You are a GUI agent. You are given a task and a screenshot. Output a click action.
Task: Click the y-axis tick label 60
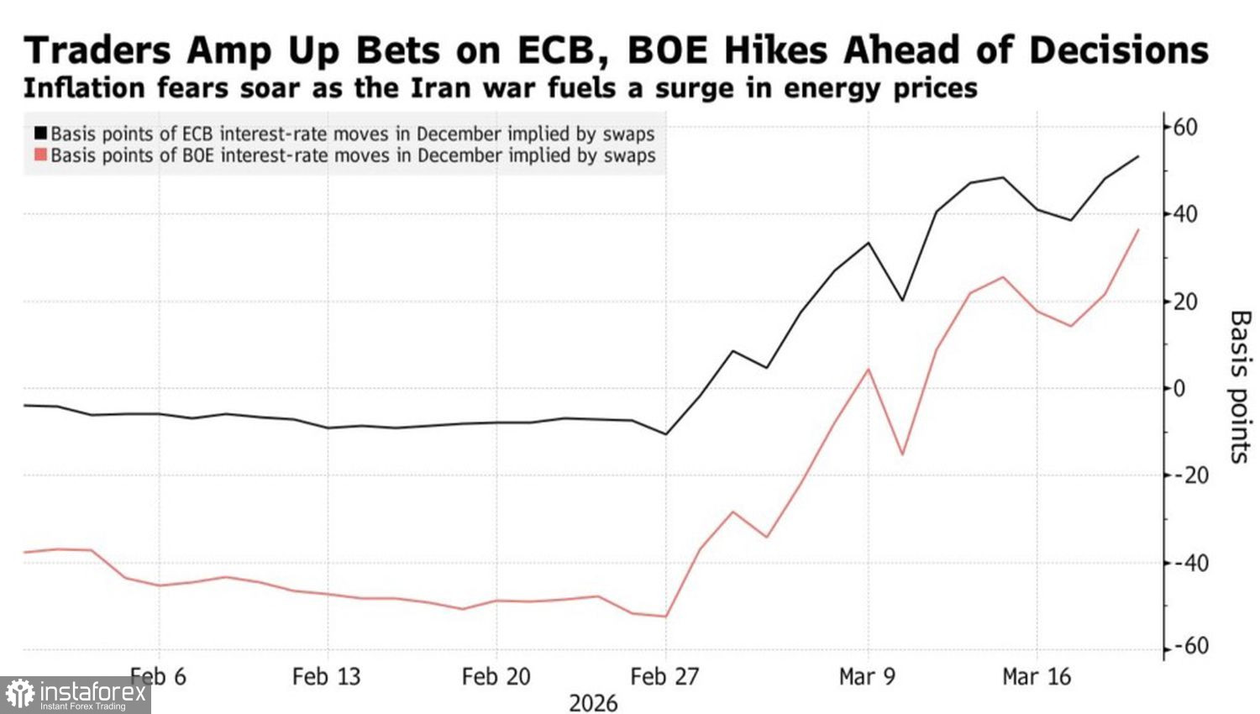1185,128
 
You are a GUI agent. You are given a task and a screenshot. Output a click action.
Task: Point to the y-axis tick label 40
1185,214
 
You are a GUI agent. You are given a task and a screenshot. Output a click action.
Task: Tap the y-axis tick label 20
1185,302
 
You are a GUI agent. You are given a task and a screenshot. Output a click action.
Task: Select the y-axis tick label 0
1180,389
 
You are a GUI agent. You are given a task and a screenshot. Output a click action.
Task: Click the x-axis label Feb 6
159,676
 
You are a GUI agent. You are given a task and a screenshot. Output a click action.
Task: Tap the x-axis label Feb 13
326,676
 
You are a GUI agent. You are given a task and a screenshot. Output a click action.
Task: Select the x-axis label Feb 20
496,676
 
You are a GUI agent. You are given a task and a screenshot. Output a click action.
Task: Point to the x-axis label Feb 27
664,676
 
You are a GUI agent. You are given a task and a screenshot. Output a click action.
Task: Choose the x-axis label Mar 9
867,676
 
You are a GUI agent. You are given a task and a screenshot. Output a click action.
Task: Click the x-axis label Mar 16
1037,676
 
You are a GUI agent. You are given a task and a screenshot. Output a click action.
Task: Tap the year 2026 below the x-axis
593,703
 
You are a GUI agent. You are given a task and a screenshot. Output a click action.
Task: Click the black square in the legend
40,134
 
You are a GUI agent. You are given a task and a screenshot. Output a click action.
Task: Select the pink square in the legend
40,155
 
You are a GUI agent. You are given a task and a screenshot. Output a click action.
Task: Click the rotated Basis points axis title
1240,386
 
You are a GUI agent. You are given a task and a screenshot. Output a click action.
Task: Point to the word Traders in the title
98,51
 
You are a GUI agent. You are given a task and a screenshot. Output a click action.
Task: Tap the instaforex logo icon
19,695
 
